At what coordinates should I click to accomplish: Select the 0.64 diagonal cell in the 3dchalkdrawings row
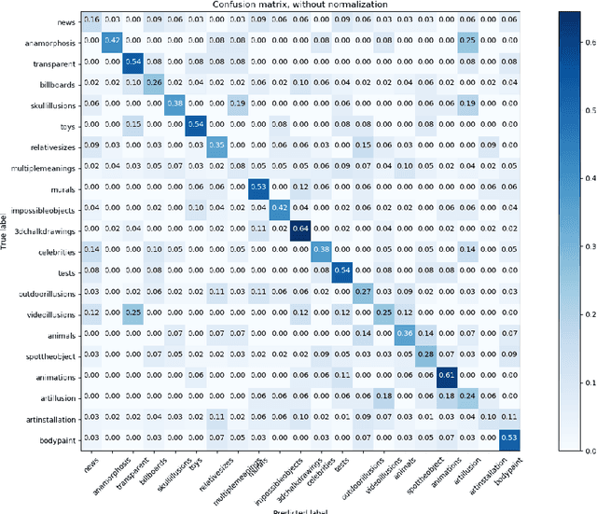[x=302, y=227]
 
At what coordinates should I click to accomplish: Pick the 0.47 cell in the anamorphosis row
[x=113, y=39]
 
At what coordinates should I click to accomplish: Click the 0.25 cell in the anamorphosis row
[x=467, y=39]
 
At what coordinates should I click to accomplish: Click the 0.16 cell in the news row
[x=91, y=19]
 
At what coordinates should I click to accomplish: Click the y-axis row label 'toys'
[x=66, y=123]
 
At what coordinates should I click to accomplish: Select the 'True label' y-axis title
[x=7, y=227]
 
